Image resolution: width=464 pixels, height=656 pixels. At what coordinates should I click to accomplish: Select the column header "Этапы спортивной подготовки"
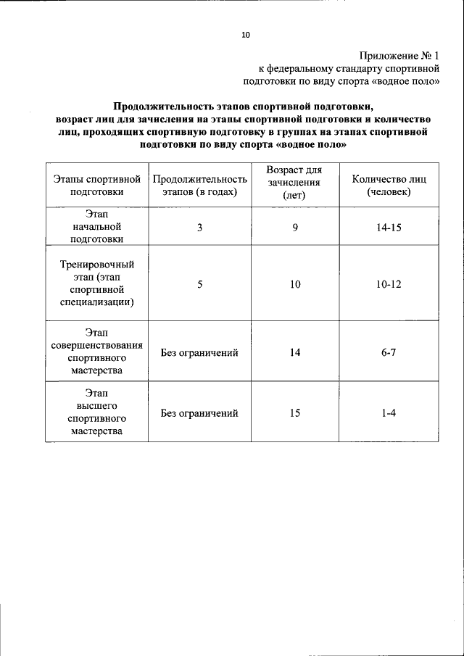click(97, 185)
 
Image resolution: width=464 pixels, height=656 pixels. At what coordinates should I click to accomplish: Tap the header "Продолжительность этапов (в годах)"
click(199, 185)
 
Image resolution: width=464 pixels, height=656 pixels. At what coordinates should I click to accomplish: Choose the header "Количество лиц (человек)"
click(389, 185)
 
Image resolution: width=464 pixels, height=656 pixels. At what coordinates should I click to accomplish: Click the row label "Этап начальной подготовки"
click(96, 227)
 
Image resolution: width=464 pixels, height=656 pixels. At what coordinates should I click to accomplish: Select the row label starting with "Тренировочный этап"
click(96, 285)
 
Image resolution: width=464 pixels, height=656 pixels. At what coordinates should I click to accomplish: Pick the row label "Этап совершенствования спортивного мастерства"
click(96, 352)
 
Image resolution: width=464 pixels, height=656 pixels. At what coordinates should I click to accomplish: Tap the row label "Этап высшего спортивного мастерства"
click(96, 412)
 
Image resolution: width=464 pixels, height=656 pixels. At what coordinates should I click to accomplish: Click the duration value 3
click(199, 228)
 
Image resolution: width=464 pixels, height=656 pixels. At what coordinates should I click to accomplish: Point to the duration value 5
click(199, 285)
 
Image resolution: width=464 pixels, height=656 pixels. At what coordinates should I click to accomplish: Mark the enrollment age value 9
click(295, 228)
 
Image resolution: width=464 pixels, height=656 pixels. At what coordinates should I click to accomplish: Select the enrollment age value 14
click(295, 352)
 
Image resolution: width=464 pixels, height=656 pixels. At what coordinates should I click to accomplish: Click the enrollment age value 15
click(295, 413)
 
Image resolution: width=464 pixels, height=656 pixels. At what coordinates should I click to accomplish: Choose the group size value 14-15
click(389, 228)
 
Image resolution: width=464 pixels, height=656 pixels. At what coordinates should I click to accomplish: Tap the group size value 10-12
click(389, 285)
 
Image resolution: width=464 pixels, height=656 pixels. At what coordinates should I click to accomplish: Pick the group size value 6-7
click(389, 352)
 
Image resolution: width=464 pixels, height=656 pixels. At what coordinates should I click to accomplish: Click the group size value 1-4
click(389, 413)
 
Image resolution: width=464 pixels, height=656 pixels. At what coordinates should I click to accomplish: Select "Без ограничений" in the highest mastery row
click(199, 413)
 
